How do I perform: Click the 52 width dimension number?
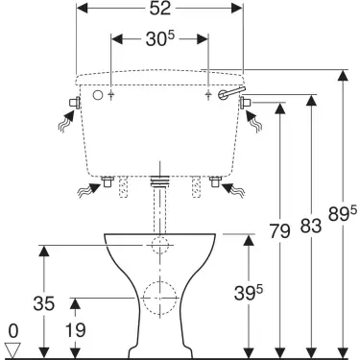coord(160,9)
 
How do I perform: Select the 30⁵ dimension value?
coord(160,39)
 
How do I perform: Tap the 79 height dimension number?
coord(279,230)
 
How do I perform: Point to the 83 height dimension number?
coord(311,226)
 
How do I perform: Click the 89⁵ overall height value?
coord(342,213)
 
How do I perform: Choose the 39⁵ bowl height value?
coord(249,293)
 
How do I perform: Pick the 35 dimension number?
coord(44,303)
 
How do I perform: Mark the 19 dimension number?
coord(75,330)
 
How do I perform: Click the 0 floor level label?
coord(13,331)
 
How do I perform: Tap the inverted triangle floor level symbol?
coord(13,350)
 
